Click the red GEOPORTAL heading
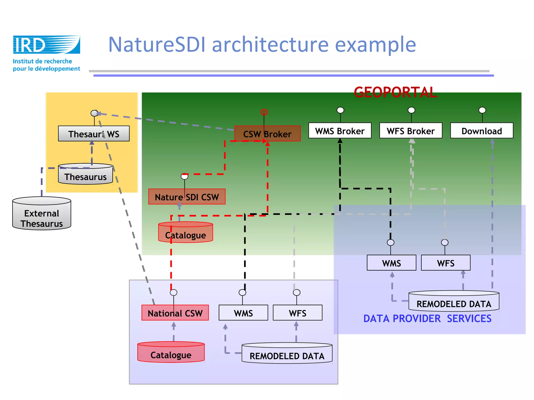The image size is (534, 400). (395, 92)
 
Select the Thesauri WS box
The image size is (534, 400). (94, 134)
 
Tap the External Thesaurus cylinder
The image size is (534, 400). (42, 215)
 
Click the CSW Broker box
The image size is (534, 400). (267, 134)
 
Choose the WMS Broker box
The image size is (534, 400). (340, 131)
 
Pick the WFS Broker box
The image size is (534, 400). (411, 131)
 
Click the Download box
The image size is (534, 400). (482, 131)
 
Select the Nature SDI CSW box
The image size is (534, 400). (187, 197)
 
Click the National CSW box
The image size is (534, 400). (175, 313)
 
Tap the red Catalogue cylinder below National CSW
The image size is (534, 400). (171, 353)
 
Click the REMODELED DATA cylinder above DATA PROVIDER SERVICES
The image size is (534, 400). (454, 302)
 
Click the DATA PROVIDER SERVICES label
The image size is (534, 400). (427, 319)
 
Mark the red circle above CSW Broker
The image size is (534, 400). (264, 112)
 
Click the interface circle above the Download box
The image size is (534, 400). (482, 110)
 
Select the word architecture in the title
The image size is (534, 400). (270, 45)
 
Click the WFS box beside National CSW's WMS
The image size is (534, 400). (298, 313)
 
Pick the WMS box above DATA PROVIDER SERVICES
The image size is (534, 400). (391, 263)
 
